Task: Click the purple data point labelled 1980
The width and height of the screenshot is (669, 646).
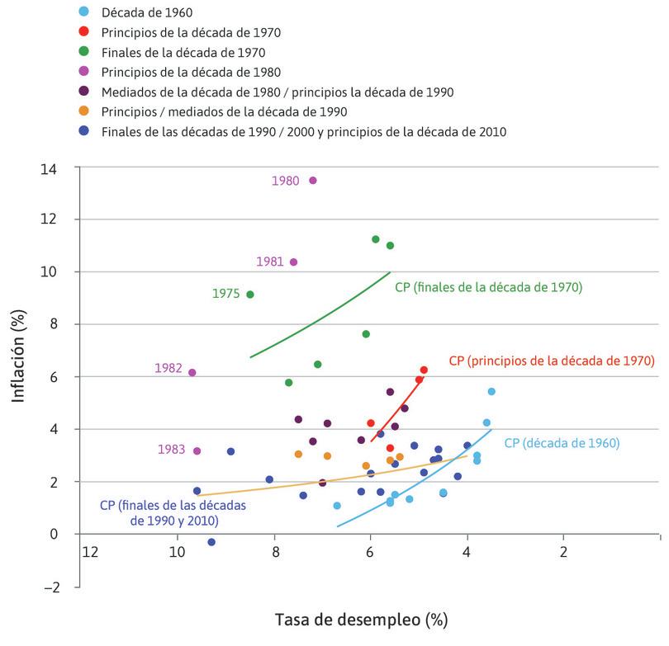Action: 312,181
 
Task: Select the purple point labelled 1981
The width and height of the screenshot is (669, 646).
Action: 293,262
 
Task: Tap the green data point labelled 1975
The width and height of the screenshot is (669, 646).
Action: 250,295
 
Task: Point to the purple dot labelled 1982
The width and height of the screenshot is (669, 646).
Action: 192,372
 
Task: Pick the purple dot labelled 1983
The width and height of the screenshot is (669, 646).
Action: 197,451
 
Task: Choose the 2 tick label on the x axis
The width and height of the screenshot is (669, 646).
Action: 563,550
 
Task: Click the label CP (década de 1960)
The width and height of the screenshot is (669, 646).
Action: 561,443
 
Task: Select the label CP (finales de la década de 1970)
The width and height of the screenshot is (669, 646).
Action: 489,287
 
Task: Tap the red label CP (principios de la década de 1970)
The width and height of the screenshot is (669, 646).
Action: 551,361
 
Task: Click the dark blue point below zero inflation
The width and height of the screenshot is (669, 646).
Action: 211,542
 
